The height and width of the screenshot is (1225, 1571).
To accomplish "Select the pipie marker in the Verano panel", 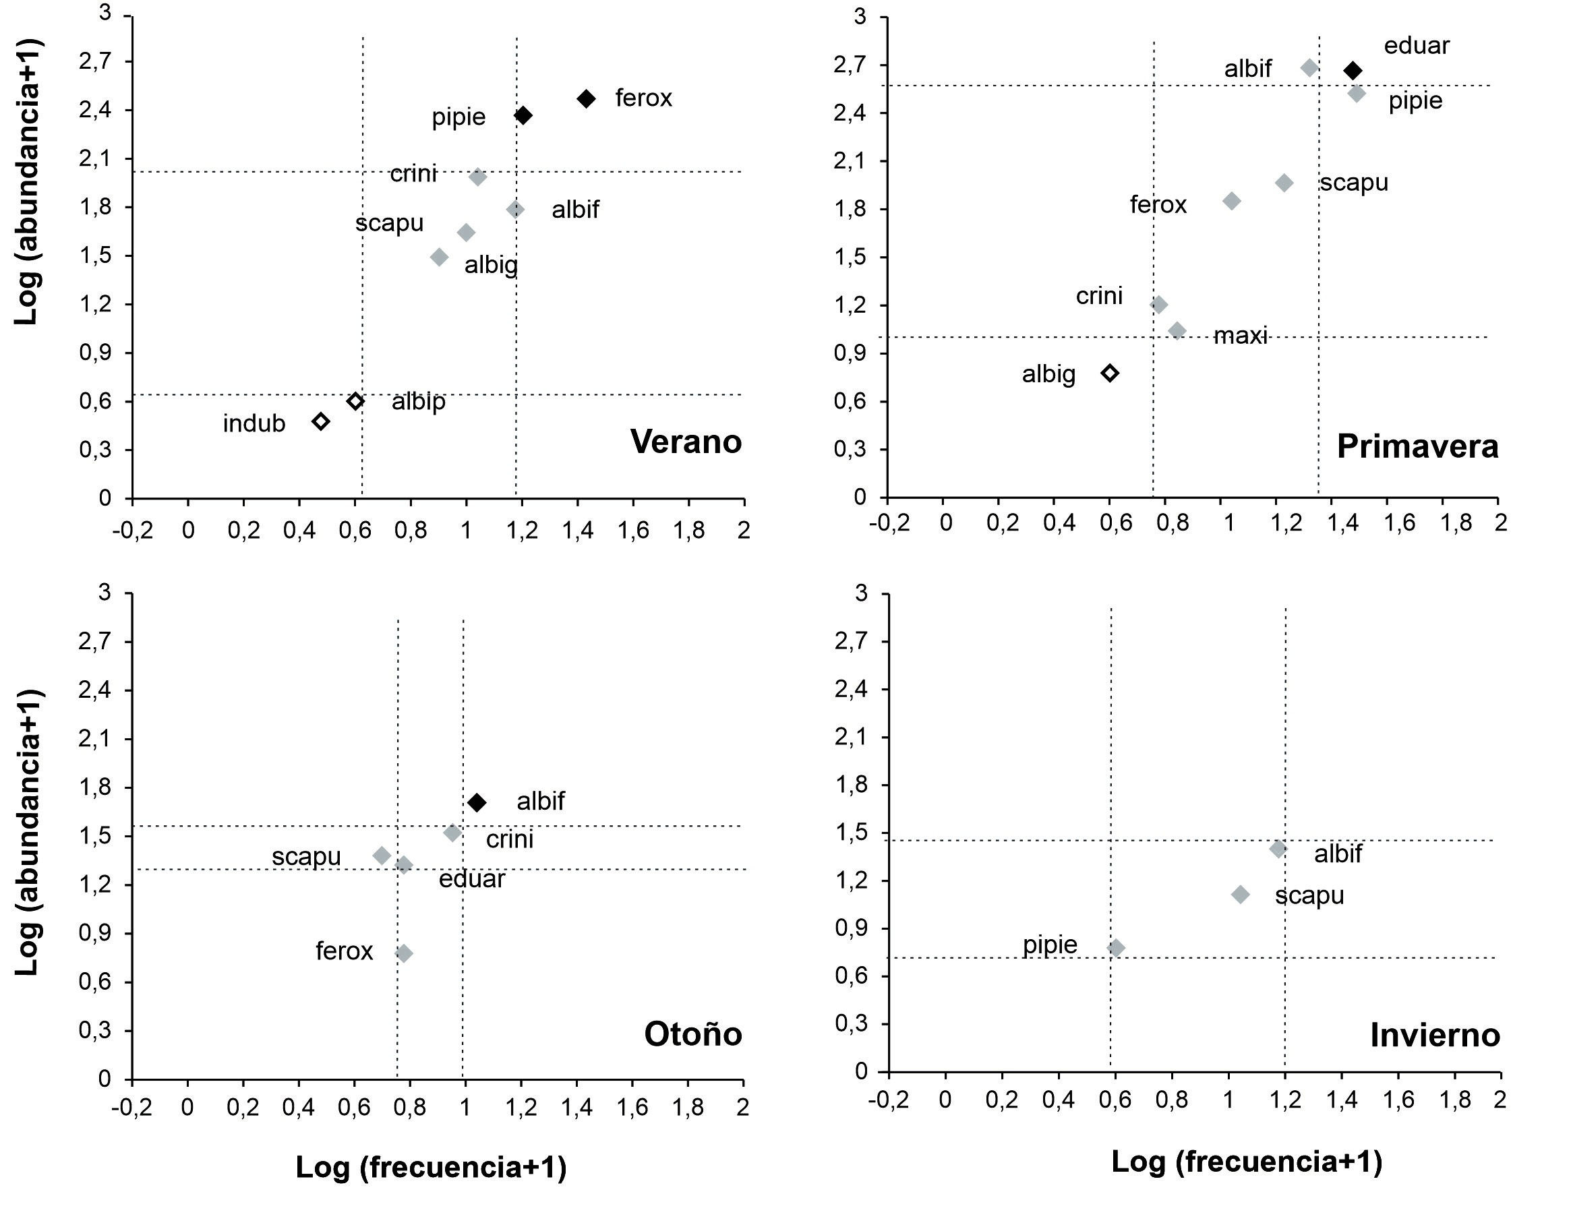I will (x=523, y=115).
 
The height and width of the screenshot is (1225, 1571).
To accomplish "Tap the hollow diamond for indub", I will (x=321, y=421).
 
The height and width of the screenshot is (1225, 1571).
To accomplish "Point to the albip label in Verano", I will (x=418, y=401).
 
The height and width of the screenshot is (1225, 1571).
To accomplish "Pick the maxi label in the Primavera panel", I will (x=1240, y=335).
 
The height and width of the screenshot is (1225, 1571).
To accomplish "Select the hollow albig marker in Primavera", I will (x=1110, y=373).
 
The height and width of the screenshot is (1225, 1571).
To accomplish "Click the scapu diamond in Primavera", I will (x=1284, y=183).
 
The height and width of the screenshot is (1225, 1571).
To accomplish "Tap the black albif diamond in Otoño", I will (x=476, y=802).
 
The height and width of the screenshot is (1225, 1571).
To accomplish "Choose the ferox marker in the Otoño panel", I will (x=404, y=953).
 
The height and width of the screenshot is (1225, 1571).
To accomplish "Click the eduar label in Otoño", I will (x=472, y=879).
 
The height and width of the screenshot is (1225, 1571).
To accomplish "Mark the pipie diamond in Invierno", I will (x=1116, y=948).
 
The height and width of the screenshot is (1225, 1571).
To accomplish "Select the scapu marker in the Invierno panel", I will (x=1240, y=894).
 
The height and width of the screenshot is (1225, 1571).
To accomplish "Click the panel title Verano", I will (x=686, y=442).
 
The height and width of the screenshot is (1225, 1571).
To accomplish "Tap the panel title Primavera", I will (x=1417, y=447).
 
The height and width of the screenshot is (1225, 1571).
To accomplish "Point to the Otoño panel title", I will (x=692, y=1034).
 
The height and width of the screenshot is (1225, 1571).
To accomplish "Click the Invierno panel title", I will (x=1434, y=1035).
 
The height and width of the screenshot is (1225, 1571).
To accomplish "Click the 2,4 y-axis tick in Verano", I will (x=96, y=110).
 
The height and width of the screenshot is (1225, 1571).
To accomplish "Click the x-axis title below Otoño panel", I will (x=431, y=1167).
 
